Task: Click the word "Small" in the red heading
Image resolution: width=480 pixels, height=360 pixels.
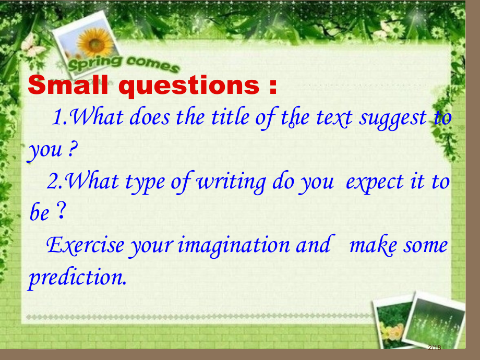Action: pyautogui.click(x=68, y=85)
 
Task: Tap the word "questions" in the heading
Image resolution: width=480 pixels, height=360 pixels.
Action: pyautogui.click(x=189, y=86)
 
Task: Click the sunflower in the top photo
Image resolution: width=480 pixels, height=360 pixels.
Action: pyautogui.click(x=95, y=43)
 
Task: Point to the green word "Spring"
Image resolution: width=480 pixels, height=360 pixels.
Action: pyautogui.click(x=95, y=63)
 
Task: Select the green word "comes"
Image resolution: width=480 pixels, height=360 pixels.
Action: pyautogui.click(x=152, y=64)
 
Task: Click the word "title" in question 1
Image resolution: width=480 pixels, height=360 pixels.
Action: pyautogui.click(x=230, y=117)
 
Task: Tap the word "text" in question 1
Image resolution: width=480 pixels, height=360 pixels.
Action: pyautogui.click(x=334, y=118)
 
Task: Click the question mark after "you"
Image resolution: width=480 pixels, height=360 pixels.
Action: pyautogui.click(x=71, y=149)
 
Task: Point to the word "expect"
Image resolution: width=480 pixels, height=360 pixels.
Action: pyautogui.click(x=375, y=183)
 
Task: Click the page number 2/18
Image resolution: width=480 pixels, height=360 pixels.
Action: pyautogui.click(x=435, y=347)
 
